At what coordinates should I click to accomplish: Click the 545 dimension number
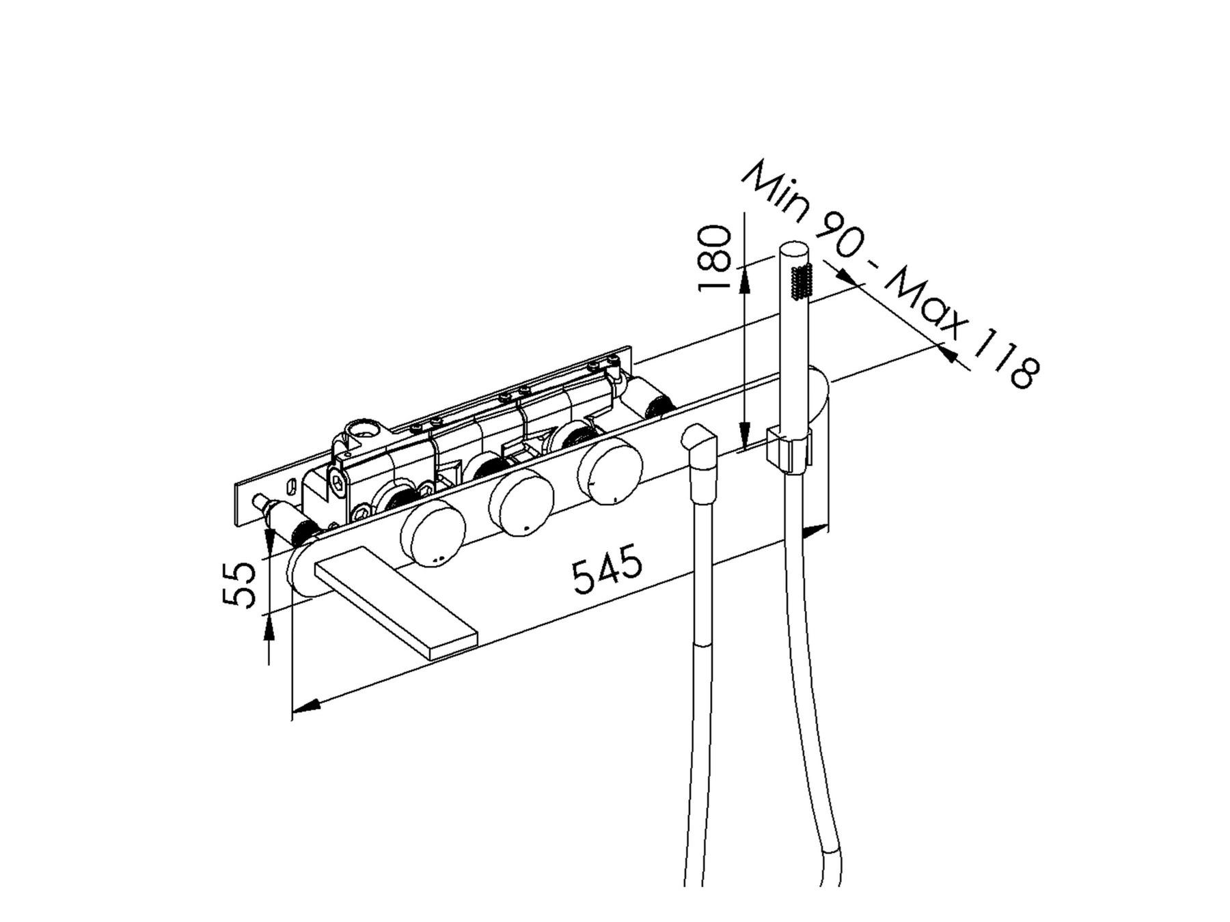point(607,568)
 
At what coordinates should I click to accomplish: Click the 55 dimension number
point(240,584)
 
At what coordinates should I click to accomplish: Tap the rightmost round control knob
point(610,471)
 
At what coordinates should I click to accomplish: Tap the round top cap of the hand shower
point(793,251)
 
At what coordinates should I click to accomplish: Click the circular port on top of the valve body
point(363,431)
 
